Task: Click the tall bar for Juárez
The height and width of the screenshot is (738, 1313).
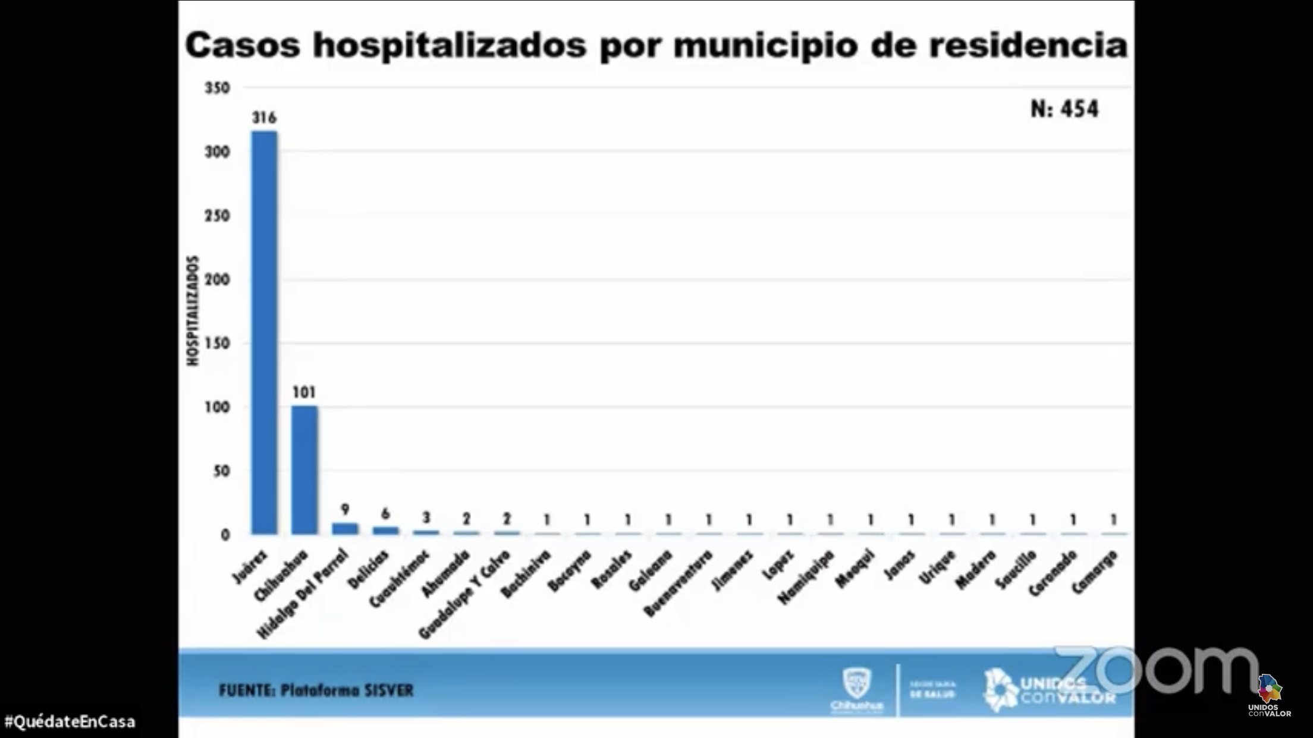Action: [x=264, y=333]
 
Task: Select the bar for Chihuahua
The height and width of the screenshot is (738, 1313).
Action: [x=304, y=469]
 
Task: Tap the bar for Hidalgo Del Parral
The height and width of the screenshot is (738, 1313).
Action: [x=345, y=529]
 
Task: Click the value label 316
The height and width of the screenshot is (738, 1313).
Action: [x=264, y=118]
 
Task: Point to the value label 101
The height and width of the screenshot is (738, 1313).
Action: [x=304, y=392]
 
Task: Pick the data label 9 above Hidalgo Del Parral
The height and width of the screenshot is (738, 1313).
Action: [x=345, y=509]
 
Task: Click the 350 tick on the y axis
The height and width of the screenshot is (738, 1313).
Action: [x=217, y=88]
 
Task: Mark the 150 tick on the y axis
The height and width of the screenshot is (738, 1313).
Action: [x=217, y=343]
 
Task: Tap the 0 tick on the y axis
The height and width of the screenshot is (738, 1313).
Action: [x=225, y=535]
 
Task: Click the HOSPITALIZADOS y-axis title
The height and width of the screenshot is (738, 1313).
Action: [x=192, y=311]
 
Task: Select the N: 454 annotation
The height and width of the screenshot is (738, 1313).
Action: [x=1064, y=109]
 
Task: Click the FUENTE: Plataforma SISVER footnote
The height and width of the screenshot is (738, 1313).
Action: [x=316, y=690]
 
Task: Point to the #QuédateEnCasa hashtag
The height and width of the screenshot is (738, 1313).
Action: [x=70, y=722]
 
